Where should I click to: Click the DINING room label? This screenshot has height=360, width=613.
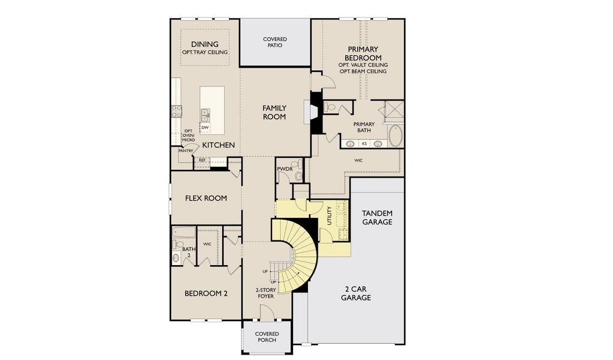pyautogui.click(x=205, y=44)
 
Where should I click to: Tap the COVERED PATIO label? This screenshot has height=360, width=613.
pyautogui.click(x=275, y=42)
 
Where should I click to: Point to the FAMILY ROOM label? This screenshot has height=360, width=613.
pyautogui.click(x=274, y=112)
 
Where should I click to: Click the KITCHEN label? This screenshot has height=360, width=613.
pyautogui.click(x=218, y=145)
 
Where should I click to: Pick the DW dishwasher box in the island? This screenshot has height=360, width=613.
pyautogui.click(x=205, y=127)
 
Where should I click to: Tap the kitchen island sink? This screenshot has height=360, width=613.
pyautogui.click(x=205, y=113)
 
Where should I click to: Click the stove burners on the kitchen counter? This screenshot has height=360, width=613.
pyautogui.click(x=177, y=110)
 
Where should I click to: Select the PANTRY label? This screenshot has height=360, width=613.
pyautogui.click(x=186, y=151)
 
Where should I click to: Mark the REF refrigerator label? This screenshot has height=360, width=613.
pyautogui.click(x=202, y=160)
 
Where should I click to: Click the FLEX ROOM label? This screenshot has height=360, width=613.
pyautogui.click(x=205, y=198)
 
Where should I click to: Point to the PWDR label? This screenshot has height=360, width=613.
pyautogui.click(x=284, y=170)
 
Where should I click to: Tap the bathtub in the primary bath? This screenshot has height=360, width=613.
pyautogui.click(x=396, y=136)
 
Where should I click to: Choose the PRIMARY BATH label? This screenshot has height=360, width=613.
pyautogui.click(x=364, y=127)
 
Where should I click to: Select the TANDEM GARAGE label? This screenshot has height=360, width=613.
pyautogui.click(x=377, y=217)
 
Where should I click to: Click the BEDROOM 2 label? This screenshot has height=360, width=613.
pyautogui.click(x=205, y=293)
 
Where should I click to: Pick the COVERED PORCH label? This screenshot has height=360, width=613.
pyautogui.click(x=267, y=337)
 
